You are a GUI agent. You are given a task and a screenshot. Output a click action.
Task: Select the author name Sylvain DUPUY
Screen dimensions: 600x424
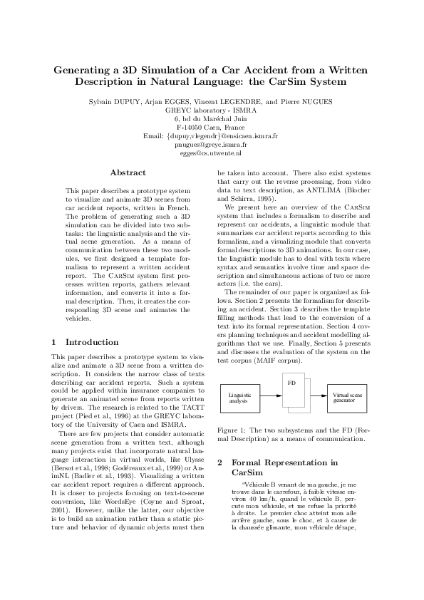pos(114,102)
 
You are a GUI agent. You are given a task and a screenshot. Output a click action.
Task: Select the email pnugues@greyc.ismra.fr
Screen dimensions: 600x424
pos(211,143)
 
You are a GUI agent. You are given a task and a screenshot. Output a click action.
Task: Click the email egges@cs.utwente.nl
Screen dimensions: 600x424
pos(211,152)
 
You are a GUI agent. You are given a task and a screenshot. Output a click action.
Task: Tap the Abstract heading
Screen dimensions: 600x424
pos(128,172)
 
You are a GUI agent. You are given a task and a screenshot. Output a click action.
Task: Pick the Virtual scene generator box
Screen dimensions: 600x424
pos(348,397)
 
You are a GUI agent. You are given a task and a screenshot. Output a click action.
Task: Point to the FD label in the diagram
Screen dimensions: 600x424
pos(291,383)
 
